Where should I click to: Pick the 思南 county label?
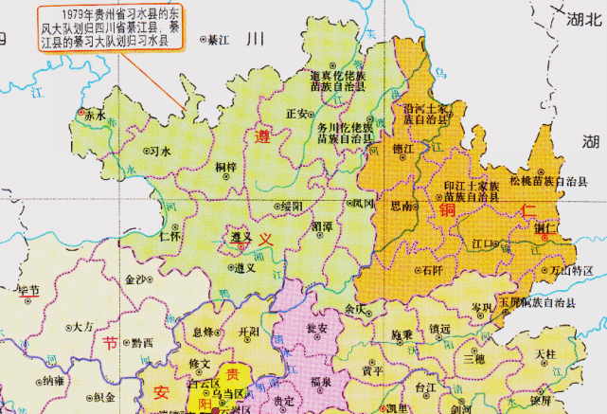[401, 206]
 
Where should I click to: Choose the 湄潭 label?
[321, 229]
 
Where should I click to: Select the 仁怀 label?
[171, 236]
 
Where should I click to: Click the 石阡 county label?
[432, 270]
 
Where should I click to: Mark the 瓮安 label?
[317, 328]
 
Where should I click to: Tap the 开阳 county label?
[249, 332]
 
